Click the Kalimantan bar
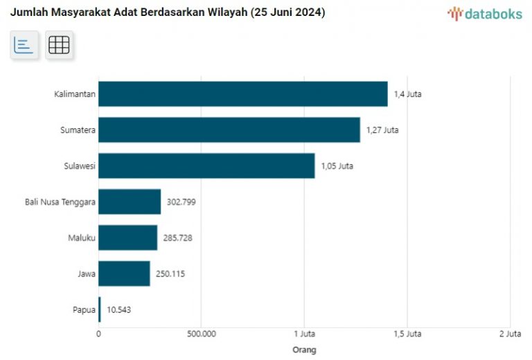[x=242, y=94]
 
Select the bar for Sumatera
[x=229, y=130]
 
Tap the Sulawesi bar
[x=206, y=166]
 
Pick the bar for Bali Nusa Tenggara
[x=130, y=202]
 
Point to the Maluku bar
[x=127, y=238]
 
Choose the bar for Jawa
[x=124, y=274]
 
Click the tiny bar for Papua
[x=100, y=309]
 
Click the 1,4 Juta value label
[x=407, y=94]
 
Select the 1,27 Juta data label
[x=382, y=130]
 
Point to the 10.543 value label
[x=118, y=310]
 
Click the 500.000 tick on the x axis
[x=201, y=334]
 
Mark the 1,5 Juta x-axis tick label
[x=407, y=334]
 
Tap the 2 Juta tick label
[x=510, y=334]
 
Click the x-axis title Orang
[x=304, y=350]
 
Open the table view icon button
[x=59, y=45]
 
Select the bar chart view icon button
[x=24, y=45]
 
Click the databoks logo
[x=484, y=13]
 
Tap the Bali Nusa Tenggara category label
[x=60, y=202]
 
